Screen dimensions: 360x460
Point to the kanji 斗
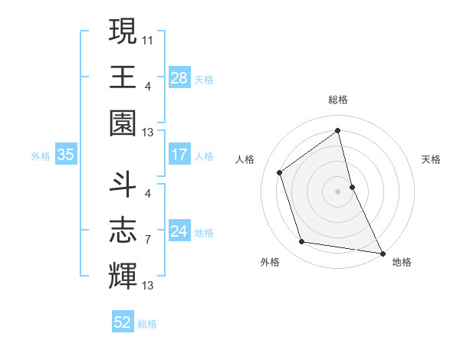click(x=123, y=184)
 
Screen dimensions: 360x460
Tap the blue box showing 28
click(x=179, y=78)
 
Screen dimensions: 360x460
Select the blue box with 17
click(x=179, y=155)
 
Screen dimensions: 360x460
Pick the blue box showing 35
click(x=66, y=155)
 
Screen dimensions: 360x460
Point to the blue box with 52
click(x=123, y=322)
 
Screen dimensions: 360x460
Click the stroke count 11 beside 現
click(x=148, y=38)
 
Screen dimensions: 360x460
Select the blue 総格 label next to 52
click(x=147, y=324)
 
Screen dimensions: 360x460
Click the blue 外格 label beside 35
click(x=41, y=155)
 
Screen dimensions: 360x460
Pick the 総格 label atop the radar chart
click(x=338, y=100)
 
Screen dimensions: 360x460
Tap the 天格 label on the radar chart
click(x=432, y=159)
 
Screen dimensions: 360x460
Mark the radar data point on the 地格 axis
click(x=382, y=252)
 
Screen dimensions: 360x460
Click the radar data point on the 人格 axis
click(x=280, y=172)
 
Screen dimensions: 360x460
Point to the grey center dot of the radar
click(x=338, y=191)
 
